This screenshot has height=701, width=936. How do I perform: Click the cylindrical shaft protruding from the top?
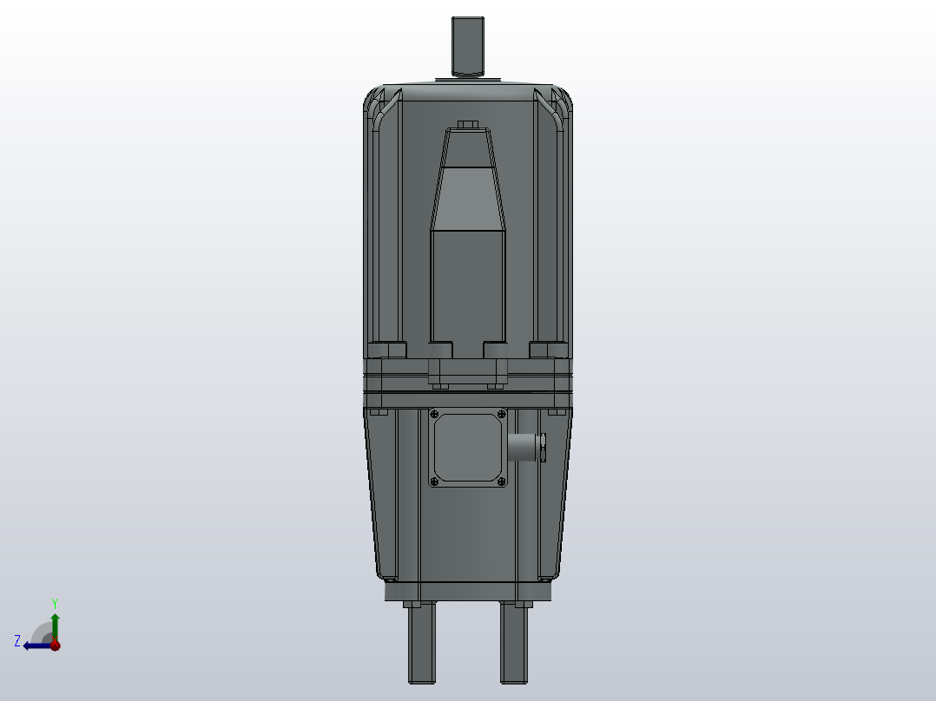pyautogui.click(x=468, y=45)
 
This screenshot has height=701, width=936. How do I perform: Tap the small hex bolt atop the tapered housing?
pyautogui.click(x=468, y=124)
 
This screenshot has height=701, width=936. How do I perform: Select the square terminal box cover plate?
pyautogui.click(x=468, y=448)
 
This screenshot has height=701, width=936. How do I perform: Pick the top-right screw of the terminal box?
pyautogui.click(x=501, y=414)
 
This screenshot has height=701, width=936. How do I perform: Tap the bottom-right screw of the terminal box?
pyautogui.click(x=501, y=481)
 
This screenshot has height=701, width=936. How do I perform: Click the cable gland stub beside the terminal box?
pyautogui.click(x=523, y=448)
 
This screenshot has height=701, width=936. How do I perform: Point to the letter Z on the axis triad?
pyautogui.click(x=17, y=641)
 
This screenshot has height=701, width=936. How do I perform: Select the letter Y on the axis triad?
pyautogui.click(x=55, y=602)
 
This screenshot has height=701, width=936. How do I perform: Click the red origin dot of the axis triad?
pyautogui.click(x=55, y=645)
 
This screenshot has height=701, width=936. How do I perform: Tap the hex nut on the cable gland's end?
pyautogui.click(x=543, y=448)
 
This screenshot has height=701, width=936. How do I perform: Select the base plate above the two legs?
pyautogui.click(x=468, y=592)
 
